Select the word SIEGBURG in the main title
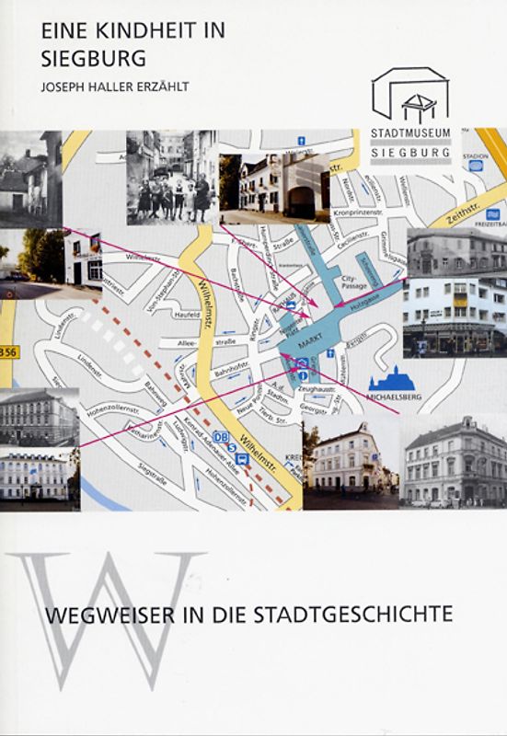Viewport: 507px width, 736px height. (93, 58)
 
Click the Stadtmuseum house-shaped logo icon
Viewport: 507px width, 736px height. (410, 96)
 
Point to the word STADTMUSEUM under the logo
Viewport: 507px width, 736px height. (410, 132)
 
